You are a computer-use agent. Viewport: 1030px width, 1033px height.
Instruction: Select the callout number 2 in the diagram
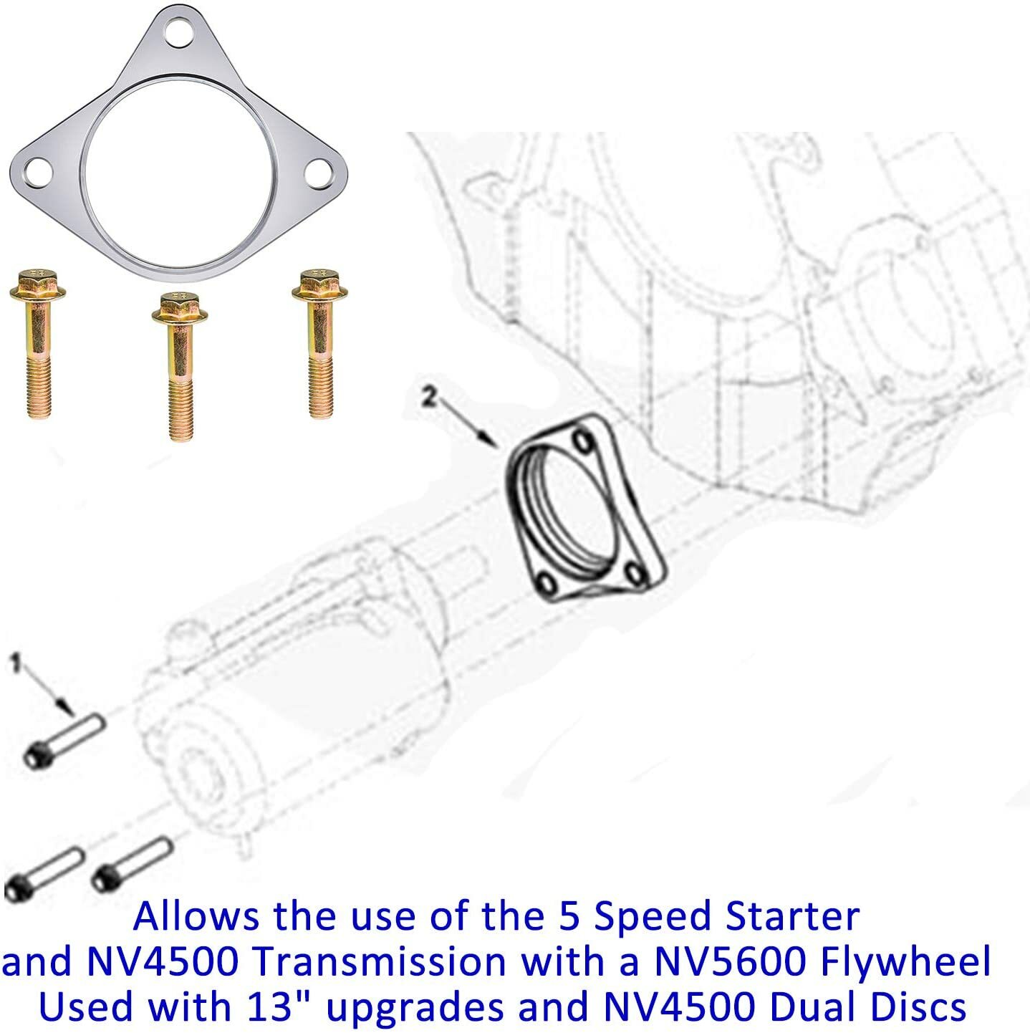(x=428, y=396)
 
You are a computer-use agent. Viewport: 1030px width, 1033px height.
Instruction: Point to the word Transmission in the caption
(x=380, y=962)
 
